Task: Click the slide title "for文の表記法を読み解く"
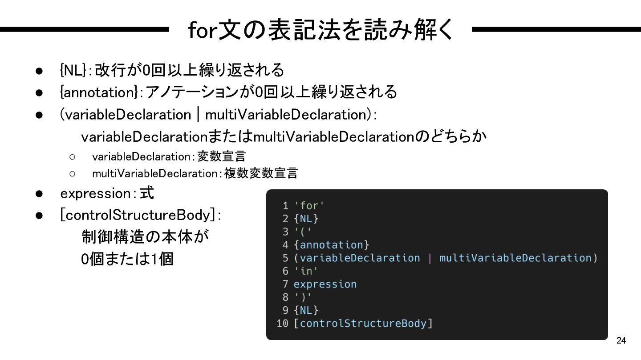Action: pyautogui.click(x=320, y=30)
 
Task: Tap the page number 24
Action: pyautogui.click(x=621, y=341)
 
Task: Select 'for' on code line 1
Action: pyautogui.click(x=309, y=205)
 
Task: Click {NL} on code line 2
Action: pyautogui.click(x=306, y=219)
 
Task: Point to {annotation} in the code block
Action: pyautogui.click(x=332, y=245)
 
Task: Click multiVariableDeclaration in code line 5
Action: pyautogui.click(x=515, y=258)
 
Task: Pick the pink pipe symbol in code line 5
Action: pyautogui.click(x=430, y=258)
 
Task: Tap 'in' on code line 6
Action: pyautogui.click(x=306, y=271)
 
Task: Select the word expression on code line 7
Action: pyautogui.click(x=325, y=284)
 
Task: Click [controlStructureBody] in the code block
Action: pyautogui.click(x=363, y=323)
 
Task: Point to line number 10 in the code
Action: pyautogui.click(x=282, y=323)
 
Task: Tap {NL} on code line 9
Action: pyautogui.click(x=306, y=310)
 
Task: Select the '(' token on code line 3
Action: pyautogui.click(x=303, y=232)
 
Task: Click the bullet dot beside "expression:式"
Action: pyautogui.click(x=39, y=194)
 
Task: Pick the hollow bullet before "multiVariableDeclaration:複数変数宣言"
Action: pyautogui.click(x=72, y=173)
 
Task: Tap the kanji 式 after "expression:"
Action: pyautogui.click(x=147, y=193)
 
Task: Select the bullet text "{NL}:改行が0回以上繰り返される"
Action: pyautogui.click(x=172, y=70)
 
